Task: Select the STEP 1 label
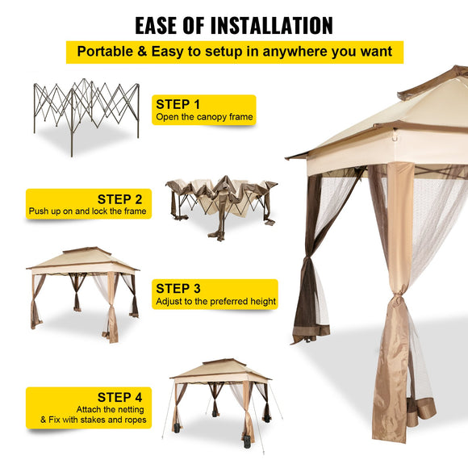point(178,104)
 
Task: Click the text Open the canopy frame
point(204,117)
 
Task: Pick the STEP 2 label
point(119,198)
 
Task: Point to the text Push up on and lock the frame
point(88,211)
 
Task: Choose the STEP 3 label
point(178,288)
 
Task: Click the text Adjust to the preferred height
point(215,302)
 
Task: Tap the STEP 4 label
point(119,396)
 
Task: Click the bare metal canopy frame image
point(86,113)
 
